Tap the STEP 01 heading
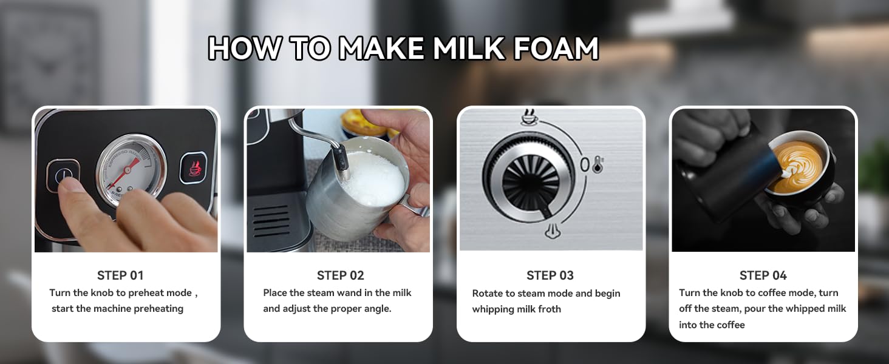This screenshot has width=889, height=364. (x=120, y=275)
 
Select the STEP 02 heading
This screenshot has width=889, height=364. (x=340, y=275)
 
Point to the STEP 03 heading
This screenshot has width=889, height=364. (x=550, y=275)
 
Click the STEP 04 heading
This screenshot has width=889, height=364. (x=763, y=275)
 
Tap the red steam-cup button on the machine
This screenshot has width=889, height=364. (x=193, y=167)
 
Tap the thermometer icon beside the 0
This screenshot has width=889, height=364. (x=598, y=164)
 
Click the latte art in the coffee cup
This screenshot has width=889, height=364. (x=799, y=167)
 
